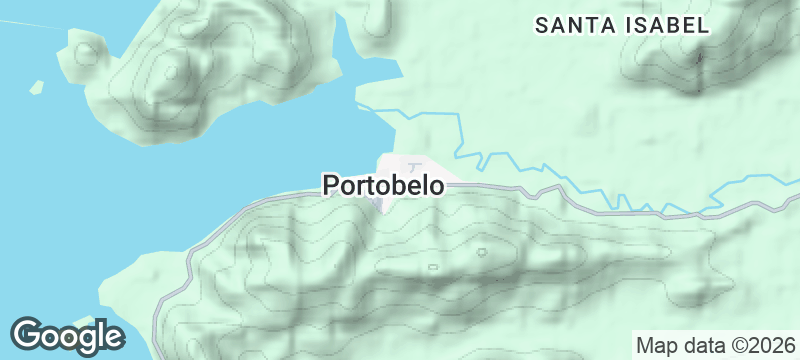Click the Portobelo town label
point(383,185)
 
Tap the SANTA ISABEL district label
point(622,25)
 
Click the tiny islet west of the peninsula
point(37,86)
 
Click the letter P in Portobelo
point(330,185)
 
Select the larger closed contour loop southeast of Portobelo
point(481,251)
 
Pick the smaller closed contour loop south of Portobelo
point(432,267)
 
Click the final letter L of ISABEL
point(704,25)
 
